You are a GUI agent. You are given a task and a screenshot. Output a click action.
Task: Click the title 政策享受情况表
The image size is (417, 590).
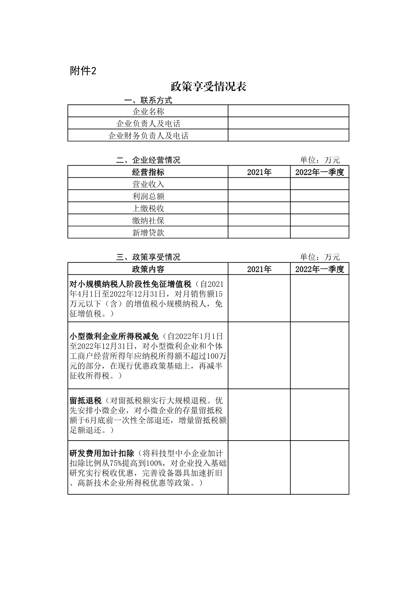coord(208,86)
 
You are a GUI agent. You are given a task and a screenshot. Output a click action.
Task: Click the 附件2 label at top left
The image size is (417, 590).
coord(83,71)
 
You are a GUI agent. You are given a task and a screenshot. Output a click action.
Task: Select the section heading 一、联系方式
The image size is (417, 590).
coord(148,100)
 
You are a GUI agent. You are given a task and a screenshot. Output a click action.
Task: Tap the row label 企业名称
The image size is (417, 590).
coord(148,111)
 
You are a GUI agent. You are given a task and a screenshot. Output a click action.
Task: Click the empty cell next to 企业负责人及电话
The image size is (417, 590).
coord(288,123)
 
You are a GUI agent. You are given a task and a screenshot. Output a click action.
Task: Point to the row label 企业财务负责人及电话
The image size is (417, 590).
coord(148,136)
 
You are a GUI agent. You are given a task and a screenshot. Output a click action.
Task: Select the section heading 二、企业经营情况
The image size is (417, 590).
coord(148,160)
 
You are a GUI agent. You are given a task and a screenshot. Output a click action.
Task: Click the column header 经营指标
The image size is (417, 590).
coord(148,172)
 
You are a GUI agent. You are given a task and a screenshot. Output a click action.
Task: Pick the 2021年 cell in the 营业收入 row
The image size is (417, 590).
coord(259,184)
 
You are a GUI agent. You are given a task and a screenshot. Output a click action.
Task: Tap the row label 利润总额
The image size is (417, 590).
coord(148,196)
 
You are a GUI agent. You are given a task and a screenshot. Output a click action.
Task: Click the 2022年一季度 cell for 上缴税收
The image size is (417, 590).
coord(319,208)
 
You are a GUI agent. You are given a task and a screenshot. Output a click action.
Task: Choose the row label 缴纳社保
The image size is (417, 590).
coord(148,220)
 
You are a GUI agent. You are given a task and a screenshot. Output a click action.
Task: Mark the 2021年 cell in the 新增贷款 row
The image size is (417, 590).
coord(259,233)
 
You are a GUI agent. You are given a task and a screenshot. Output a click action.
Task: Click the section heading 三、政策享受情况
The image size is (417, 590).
coord(148,257)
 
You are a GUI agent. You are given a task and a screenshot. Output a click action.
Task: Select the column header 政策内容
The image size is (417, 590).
coord(148,269)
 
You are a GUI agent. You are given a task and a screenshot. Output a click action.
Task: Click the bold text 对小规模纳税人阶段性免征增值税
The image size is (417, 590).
coord(130,284)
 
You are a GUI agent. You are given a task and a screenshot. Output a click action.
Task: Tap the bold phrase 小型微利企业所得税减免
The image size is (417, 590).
coord(114,336)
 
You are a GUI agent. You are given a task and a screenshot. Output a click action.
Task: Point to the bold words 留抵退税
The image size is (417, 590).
coord(85,401)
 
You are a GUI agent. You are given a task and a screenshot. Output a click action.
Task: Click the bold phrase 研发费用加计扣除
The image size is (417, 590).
coord(102,453)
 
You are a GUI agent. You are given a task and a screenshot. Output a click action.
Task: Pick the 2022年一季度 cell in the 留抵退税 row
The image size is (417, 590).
coord(319,415)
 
